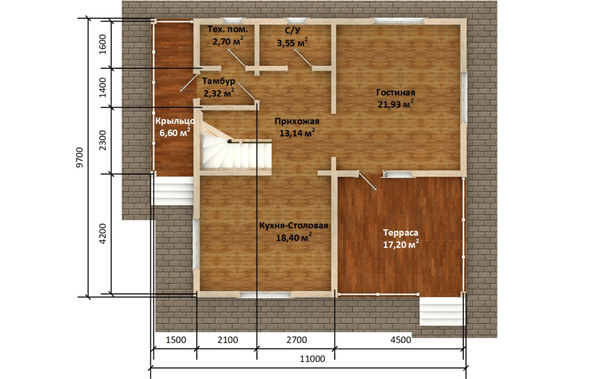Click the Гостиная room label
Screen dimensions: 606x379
pyautogui.click(x=396, y=93)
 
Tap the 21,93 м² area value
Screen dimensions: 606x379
pyautogui.click(x=396, y=104)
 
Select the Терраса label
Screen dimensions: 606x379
pyautogui.click(x=401, y=232)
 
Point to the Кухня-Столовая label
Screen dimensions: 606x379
pyautogui.click(x=293, y=226)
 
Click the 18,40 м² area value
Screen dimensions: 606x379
pyautogui.click(x=293, y=238)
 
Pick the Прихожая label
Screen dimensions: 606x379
pyautogui.click(x=297, y=121)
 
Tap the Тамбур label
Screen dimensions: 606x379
pyautogui.click(x=219, y=81)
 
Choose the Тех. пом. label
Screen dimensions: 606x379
pyautogui.click(x=228, y=29)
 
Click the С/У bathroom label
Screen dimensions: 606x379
pyautogui.click(x=292, y=29)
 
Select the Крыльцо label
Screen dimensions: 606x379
pyautogui.click(x=175, y=121)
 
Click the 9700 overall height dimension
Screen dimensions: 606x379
pyautogui.click(x=80, y=157)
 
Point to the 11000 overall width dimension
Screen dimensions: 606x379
pyautogui.click(x=313, y=359)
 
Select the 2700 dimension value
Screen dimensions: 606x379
pyautogui.click(x=296, y=340)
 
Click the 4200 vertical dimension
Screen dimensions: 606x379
pyautogui.click(x=103, y=233)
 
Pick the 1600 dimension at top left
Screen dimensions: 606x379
pyautogui.click(x=103, y=44)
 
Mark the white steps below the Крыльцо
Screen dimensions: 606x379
pyautogui.click(x=173, y=191)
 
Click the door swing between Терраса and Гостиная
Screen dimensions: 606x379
pyautogui.click(x=367, y=181)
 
